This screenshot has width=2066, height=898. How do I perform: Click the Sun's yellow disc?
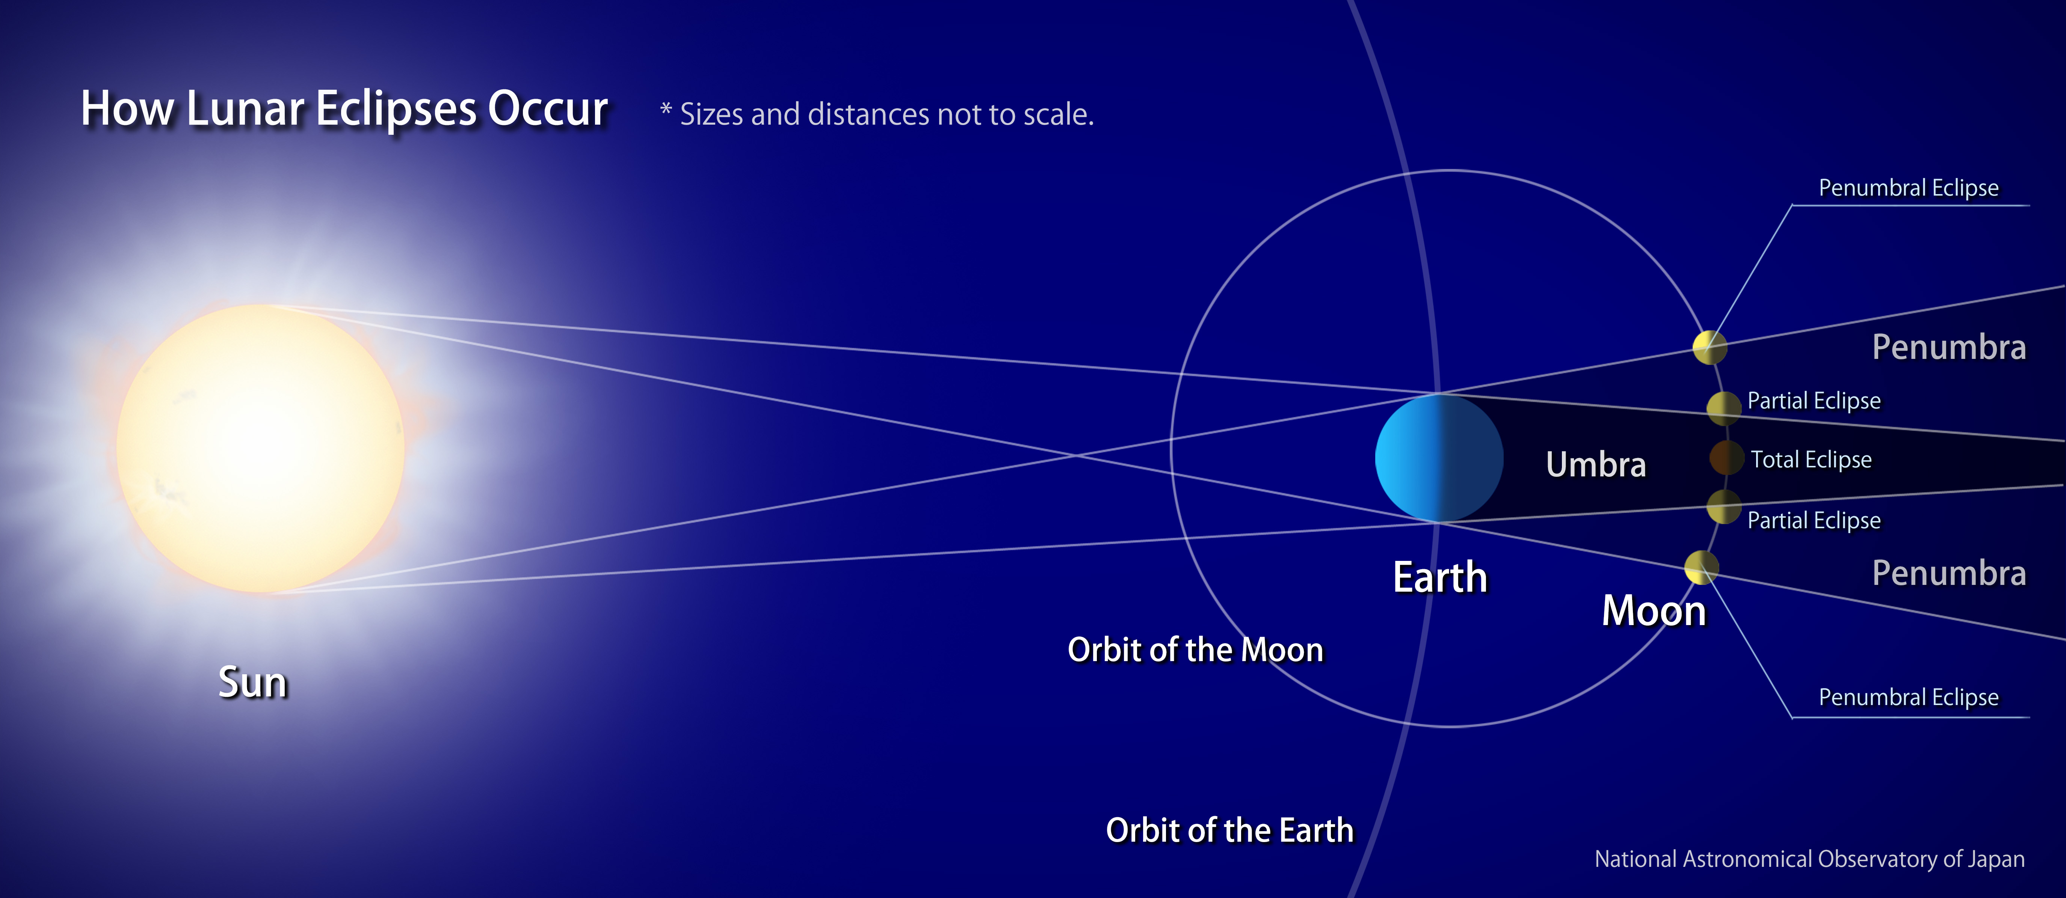[261, 448]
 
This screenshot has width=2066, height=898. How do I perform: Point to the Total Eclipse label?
[1811, 460]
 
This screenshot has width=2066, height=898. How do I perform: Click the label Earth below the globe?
[1439, 577]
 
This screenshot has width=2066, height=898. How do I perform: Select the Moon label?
[1654, 611]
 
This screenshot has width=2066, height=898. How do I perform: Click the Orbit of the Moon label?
[1195, 649]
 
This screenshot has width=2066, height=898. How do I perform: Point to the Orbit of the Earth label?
[1229, 830]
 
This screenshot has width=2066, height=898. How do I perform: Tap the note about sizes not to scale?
[877, 114]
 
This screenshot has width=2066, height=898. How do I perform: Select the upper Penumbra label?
[1949, 347]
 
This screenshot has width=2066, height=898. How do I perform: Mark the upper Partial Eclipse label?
[1813, 400]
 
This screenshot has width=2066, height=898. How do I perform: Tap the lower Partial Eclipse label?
[1813, 520]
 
